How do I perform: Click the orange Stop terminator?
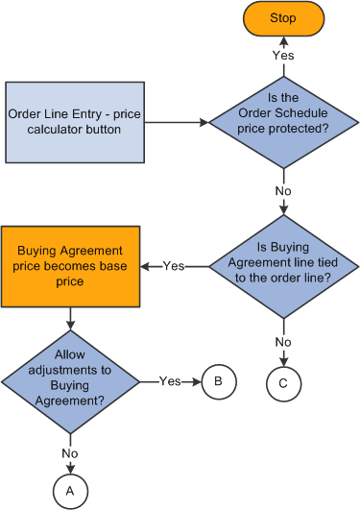pos(282,18)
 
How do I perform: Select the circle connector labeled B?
pos(217,380)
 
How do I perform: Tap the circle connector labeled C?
pos(282,381)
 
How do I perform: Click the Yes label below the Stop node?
pos(282,55)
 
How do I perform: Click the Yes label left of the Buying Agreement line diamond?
pos(174,265)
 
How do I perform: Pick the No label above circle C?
pos(282,341)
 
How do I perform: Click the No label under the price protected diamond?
pos(282,190)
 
